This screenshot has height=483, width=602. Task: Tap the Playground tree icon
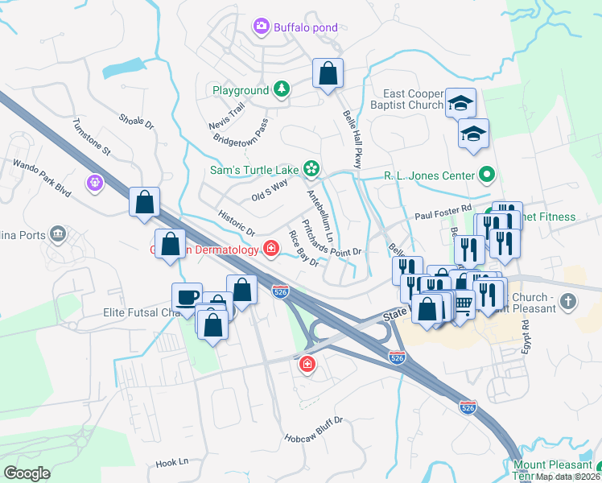coord(282,89)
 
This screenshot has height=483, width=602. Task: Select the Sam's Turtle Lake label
coord(254,169)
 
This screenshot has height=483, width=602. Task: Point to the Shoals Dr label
coord(136,122)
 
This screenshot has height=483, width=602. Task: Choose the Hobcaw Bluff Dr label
coord(314,430)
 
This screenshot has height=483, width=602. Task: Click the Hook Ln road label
coord(171,463)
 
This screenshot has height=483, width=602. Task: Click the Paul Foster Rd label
coord(443,213)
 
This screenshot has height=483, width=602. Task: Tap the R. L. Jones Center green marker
coord(486,174)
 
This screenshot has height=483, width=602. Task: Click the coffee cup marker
coord(188,297)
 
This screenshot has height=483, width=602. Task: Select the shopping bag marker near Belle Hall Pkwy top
coord(328,74)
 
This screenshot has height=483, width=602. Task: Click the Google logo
coord(27,473)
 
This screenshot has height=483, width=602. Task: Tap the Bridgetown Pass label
coord(241,133)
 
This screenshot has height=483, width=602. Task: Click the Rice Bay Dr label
coord(304,248)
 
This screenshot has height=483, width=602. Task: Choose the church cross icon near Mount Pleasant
coord(568,302)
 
